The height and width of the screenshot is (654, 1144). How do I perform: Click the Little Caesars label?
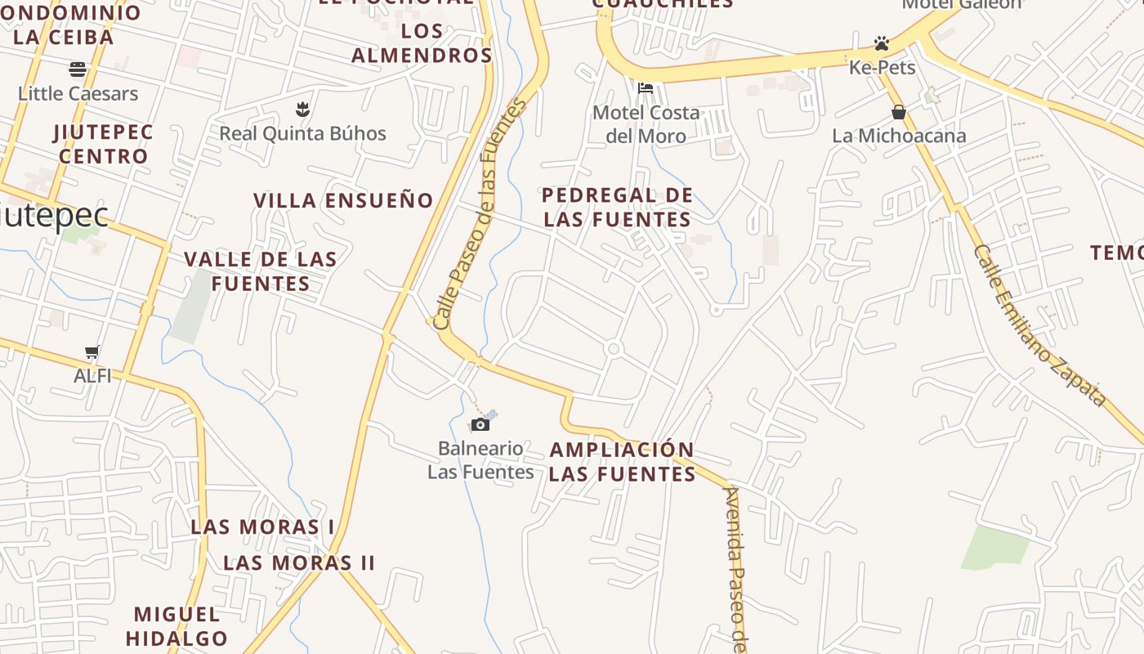(78, 93)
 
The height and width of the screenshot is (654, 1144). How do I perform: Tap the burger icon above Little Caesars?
(78, 69)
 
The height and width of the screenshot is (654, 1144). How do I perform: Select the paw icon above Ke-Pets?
(881, 43)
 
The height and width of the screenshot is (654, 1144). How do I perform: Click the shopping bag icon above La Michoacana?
(899, 112)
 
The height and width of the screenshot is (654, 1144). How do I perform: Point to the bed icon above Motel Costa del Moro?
(646, 87)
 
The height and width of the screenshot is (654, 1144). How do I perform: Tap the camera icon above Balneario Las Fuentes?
(480, 424)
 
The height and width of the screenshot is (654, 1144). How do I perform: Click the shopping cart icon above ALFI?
(92, 352)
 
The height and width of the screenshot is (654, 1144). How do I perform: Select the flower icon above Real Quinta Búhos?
(302, 109)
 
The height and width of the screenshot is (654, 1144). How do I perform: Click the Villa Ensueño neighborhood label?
(343, 200)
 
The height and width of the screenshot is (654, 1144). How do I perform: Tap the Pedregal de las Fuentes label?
(618, 208)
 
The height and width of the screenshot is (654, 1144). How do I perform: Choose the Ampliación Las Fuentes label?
(622, 462)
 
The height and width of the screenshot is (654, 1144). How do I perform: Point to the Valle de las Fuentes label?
(261, 271)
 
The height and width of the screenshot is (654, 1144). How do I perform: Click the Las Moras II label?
(299, 562)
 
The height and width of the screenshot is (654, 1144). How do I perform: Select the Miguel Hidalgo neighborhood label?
(177, 626)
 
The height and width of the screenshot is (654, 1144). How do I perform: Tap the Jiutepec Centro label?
(103, 144)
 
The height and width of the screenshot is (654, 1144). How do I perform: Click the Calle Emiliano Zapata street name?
(1039, 325)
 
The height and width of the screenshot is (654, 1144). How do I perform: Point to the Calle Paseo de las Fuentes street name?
(480, 214)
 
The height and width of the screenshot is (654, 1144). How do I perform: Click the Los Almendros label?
(422, 43)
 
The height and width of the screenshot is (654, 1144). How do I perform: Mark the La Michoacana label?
(899, 136)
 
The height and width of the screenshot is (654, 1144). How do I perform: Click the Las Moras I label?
(262, 526)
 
